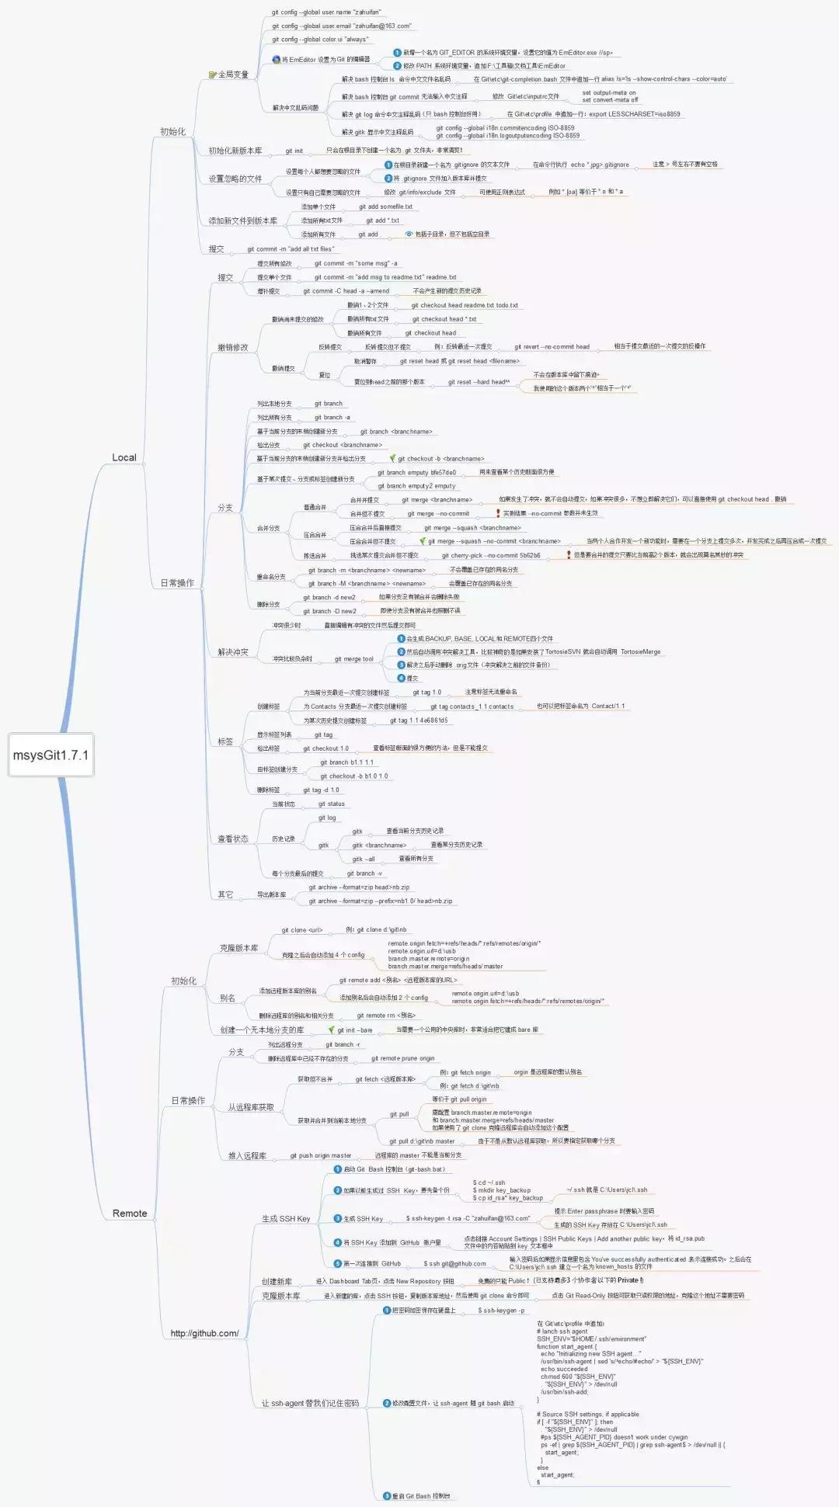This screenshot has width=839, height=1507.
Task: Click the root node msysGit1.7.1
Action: (50, 755)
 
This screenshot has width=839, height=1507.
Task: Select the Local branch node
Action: (124, 457)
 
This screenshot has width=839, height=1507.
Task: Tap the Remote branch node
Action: (129, 1213)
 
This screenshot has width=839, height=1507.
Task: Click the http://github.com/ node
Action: (204, 1333)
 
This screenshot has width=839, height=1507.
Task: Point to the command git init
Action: (294, 151)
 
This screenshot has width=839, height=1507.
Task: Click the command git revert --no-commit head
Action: (552, 346)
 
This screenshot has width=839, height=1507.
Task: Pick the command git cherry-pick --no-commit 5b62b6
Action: (491, 555)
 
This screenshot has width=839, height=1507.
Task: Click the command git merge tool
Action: (353, 658)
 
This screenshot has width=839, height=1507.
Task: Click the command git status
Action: (331, 804)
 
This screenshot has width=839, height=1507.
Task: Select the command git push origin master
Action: (320, 1155)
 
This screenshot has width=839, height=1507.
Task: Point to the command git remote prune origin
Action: (402, 1058)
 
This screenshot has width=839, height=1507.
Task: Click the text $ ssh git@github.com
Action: (454, 1263)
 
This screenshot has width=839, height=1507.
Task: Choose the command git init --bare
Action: (354, 1030)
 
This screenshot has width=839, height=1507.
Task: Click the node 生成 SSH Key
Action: (286, 1218)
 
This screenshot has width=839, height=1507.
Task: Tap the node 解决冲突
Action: (233, 651)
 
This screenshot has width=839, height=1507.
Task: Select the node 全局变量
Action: (232, 75)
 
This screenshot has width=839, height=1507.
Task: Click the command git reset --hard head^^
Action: (479, 382)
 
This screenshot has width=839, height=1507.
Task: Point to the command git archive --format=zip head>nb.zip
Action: (359, 887)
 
